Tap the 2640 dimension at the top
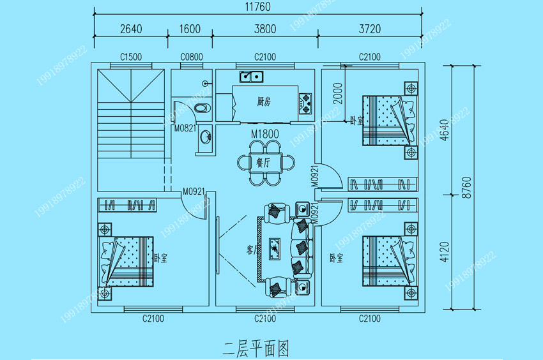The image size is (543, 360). [130, 29]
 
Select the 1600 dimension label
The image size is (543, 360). [190, 29]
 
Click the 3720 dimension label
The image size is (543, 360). [370, 29]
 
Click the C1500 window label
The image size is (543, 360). [131, 57]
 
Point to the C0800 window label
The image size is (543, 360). [191, 57]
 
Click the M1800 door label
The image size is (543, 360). [264, 135]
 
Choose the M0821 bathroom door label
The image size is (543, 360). [185, 128]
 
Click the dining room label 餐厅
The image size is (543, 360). [264, 162]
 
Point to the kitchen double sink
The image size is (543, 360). [251, 77]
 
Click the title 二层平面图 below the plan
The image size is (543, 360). [256, 348]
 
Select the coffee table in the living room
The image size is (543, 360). [275, 248]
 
